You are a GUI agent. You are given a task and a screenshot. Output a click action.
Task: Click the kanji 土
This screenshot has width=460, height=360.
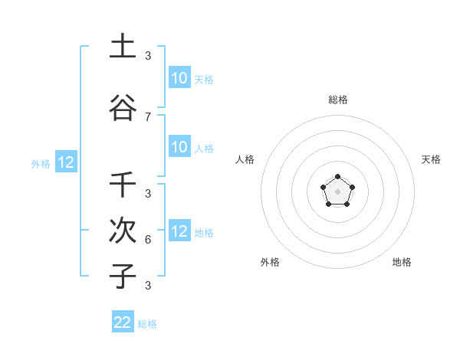click(123, 46)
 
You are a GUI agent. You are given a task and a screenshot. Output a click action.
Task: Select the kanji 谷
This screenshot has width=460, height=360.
click(123, 107)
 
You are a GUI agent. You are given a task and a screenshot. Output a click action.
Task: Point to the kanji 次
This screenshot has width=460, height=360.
click(123, 231)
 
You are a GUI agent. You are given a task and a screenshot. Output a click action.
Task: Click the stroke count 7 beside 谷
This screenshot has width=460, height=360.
click(148, 117)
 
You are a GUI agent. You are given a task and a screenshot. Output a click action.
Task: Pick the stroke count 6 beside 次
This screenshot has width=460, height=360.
click(148, 239)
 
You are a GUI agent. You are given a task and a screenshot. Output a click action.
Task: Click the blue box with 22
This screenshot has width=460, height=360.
click(123, 322)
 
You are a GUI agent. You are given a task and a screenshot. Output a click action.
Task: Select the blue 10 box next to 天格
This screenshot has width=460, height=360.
click(179, 77)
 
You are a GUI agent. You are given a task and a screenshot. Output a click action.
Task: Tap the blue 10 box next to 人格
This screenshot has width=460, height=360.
click(179, 147)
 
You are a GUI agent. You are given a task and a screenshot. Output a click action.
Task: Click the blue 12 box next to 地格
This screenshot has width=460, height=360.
click(179, 231)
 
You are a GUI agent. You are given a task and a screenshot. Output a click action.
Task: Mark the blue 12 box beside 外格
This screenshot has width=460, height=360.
click(65, 162)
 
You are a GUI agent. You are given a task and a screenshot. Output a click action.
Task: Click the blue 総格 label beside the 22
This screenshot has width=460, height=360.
click(147, 324)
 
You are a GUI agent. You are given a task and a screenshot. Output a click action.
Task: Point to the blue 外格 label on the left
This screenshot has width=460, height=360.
click(41, 163)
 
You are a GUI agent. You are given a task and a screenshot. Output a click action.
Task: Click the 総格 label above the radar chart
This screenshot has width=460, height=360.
click(337, 100)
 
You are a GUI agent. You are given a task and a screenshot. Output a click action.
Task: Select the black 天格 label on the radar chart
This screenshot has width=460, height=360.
click(431, 159)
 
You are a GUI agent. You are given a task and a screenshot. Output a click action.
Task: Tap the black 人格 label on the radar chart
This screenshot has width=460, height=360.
click(245, 159)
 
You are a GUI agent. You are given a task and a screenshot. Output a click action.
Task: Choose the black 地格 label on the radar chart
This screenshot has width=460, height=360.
click(402, 262)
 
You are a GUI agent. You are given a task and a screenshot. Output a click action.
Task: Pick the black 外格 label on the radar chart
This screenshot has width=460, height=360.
click(270, 262)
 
